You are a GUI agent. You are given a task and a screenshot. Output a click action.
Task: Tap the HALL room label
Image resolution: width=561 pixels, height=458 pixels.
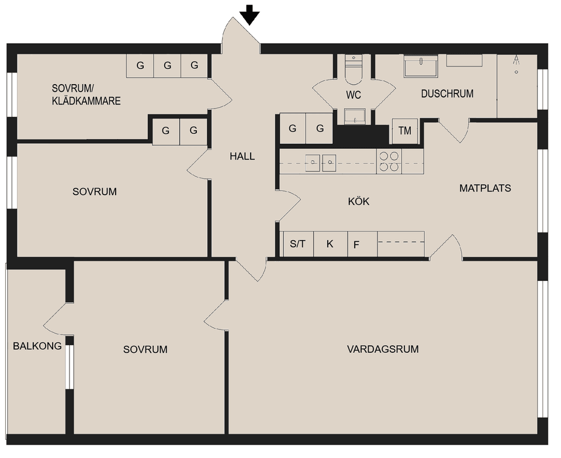point(242,157)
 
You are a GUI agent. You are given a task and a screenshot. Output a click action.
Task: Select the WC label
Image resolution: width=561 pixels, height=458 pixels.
point(354,95)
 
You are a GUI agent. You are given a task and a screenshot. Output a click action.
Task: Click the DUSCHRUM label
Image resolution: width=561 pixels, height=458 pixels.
point(447,93)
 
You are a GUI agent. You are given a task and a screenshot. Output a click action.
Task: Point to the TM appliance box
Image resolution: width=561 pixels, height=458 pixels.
point(404,131)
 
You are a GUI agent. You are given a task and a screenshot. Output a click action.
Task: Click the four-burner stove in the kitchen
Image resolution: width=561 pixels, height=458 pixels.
point(389,161)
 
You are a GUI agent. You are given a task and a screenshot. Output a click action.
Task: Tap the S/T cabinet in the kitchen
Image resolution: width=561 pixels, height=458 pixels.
point(297,244)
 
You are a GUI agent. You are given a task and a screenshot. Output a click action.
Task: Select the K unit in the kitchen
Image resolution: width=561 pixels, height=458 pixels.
point(330,244)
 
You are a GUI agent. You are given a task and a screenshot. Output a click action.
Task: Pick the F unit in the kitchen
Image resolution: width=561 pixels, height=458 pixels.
point(356,245)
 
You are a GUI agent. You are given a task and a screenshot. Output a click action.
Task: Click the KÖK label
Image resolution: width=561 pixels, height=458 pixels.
point(358,202)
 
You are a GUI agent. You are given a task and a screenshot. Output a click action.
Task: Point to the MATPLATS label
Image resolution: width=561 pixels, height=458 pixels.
point(485,188)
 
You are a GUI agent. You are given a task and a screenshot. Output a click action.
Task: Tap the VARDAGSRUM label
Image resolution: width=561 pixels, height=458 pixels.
point(383,349)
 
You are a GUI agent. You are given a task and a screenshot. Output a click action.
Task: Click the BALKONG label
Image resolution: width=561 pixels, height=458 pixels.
point(37,346)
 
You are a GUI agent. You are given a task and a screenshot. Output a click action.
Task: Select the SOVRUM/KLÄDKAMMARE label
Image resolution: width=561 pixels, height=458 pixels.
point(86,95)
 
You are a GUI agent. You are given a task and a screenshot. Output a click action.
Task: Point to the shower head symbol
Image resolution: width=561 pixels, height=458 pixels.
point(516,60)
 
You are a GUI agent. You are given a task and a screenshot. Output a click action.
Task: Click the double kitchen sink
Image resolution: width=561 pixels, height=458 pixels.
point(321,161)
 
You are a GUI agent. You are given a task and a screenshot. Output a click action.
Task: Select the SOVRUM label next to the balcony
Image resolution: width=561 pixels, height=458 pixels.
point(145,349)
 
